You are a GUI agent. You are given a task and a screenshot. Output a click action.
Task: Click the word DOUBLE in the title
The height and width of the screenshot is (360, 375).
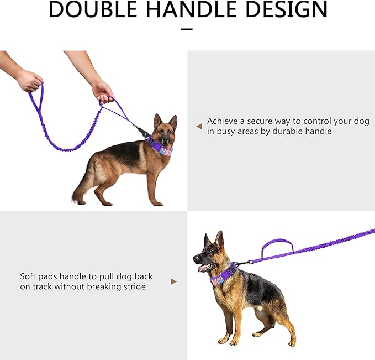pos(93,9)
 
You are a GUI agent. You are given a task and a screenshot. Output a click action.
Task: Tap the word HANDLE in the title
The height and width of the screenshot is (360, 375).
pos(191,9)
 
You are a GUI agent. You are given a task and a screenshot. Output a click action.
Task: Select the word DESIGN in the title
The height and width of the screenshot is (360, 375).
pos(286,9)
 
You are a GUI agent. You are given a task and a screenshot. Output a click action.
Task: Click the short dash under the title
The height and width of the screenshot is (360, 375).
pos(187,29)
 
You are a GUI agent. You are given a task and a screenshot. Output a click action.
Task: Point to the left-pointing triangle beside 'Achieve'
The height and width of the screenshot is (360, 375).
pos(199,126)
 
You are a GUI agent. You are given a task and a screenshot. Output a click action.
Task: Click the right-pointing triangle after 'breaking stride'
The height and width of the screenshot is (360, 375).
pos(174,281)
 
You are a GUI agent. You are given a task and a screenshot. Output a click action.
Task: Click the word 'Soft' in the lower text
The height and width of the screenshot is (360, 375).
pos(28,276)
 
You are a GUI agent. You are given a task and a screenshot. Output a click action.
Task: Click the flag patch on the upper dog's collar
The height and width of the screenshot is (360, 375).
pos(166,152)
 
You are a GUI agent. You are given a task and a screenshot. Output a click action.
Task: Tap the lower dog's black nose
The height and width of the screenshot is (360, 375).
pos(196,259)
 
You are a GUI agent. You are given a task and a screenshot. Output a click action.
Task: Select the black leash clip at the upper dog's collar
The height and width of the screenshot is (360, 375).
pos(141,131)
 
